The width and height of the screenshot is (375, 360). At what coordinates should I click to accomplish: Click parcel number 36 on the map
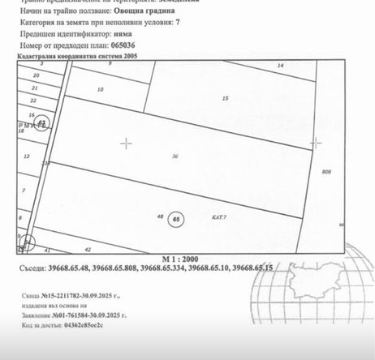175,156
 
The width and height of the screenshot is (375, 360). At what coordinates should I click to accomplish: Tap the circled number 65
178,218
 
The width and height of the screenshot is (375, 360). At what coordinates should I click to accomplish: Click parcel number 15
225,99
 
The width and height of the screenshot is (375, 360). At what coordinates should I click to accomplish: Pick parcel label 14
281,65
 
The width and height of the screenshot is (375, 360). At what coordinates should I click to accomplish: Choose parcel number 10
101,89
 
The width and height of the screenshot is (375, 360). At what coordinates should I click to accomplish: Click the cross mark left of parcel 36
127,143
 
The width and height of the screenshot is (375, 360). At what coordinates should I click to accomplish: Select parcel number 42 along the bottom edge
88,250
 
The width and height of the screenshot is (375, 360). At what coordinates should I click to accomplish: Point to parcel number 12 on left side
27,156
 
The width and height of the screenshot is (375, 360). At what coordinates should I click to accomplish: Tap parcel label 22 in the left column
32,101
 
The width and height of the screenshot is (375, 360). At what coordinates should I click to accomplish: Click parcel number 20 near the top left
36,74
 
